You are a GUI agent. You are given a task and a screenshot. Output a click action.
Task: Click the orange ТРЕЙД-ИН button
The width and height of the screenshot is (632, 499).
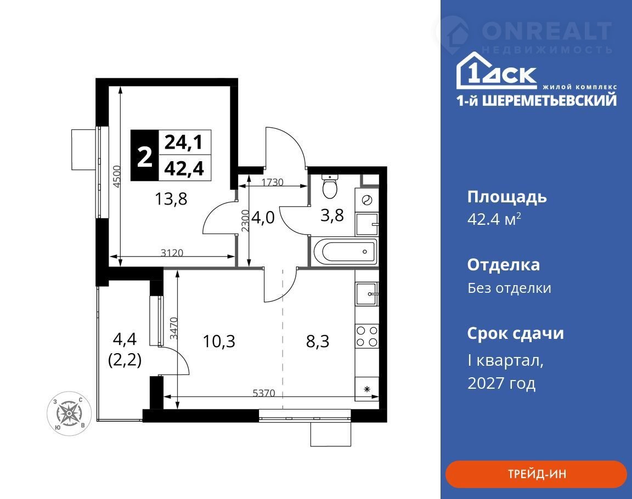[536, 474]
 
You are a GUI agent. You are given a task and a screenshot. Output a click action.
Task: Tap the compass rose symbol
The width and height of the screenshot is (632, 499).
[69, 413]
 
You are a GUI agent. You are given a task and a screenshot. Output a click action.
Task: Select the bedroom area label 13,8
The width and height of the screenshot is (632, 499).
[171, 199]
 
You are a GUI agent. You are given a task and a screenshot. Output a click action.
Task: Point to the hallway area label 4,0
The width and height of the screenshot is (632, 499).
[263, 218]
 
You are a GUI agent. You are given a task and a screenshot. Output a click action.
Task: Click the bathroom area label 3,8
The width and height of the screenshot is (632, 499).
[332, 216]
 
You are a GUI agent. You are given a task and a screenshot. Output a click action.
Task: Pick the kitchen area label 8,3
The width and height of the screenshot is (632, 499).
[318, 341]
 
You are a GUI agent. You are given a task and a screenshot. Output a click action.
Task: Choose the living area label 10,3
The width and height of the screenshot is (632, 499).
[219, 341]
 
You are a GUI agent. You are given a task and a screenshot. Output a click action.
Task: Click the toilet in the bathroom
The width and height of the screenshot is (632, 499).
[330, 186]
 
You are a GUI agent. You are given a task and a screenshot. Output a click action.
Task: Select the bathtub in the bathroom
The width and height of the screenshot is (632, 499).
[345, 251]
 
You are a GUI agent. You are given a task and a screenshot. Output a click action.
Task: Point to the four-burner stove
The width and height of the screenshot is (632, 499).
[367, 336]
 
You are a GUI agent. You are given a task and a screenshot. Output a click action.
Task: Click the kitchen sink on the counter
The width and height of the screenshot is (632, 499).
[366, 294]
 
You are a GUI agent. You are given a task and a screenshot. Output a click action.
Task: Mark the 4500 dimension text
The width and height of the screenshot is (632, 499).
[116, 177]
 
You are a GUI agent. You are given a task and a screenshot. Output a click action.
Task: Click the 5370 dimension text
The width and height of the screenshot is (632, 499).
[264, 393]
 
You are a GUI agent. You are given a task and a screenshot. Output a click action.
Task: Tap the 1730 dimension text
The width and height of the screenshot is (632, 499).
[273, 182]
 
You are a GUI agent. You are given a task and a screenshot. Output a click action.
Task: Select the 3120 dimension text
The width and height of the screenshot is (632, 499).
[172, 253]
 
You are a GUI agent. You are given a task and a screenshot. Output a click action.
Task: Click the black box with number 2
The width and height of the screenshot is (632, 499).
[145, 156]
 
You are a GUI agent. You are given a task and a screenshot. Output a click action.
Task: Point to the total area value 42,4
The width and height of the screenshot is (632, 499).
[184, 168]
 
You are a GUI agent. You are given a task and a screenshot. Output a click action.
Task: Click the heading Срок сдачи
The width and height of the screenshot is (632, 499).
[516, 334]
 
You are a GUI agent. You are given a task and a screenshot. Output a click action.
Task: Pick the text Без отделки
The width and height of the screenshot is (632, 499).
[510, 288]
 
